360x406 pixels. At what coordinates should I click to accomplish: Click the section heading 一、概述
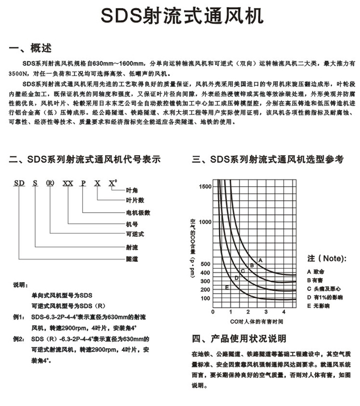pos(30,48)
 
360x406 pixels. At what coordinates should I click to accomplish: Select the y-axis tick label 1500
pos(205,186)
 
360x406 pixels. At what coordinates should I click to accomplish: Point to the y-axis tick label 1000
pos(205,222)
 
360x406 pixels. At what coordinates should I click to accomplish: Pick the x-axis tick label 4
pos(283,312)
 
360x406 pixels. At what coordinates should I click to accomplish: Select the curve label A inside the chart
pos(260,260)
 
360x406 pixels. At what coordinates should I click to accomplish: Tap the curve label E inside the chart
pos(226,287)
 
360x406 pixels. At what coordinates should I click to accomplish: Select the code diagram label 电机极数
pos(137,212)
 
